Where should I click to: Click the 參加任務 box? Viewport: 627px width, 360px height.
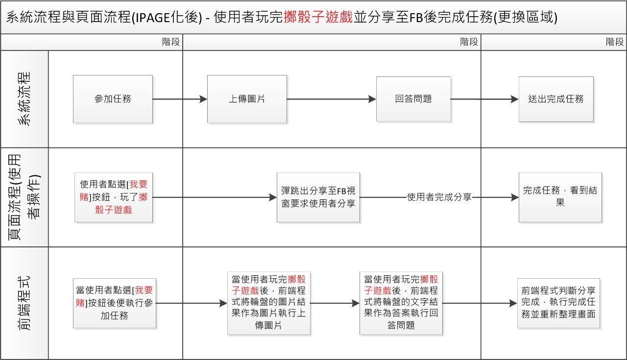click(x=113, y=99)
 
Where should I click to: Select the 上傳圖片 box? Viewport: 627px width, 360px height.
click(x=247, y=99)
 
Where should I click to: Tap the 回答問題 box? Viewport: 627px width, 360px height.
click(x=413, y=99)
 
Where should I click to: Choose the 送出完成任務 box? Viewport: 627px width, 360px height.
click(x=556, y=99)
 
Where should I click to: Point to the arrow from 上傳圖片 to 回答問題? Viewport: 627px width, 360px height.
click(x=331, y=99)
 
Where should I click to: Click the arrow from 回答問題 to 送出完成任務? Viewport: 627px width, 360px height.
click(x=484, y=99)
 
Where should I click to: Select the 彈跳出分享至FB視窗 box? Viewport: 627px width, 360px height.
click(x=318, y=197)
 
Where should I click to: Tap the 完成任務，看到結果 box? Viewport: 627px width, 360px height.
click(x=560, y=197)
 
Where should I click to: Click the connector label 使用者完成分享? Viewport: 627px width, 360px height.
click(x=439, y=197)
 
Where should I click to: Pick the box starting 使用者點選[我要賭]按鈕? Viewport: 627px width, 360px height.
click(x=114, y=197)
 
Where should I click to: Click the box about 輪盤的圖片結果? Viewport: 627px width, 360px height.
click(x=268, y=302)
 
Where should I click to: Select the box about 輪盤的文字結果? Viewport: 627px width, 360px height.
click(x=401, y=302)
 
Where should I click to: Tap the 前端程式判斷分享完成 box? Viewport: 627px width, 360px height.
click(x=558, y=302)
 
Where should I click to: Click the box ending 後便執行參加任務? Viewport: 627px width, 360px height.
click(x=114, y=303)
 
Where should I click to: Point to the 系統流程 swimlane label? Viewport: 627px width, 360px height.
click(x=24, y=99)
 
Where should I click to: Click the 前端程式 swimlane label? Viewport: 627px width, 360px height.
click(x=24, y=303)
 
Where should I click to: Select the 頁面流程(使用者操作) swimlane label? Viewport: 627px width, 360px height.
click(x=24, y=197)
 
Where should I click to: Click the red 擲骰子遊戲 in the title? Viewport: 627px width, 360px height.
click(x=318, y=17)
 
